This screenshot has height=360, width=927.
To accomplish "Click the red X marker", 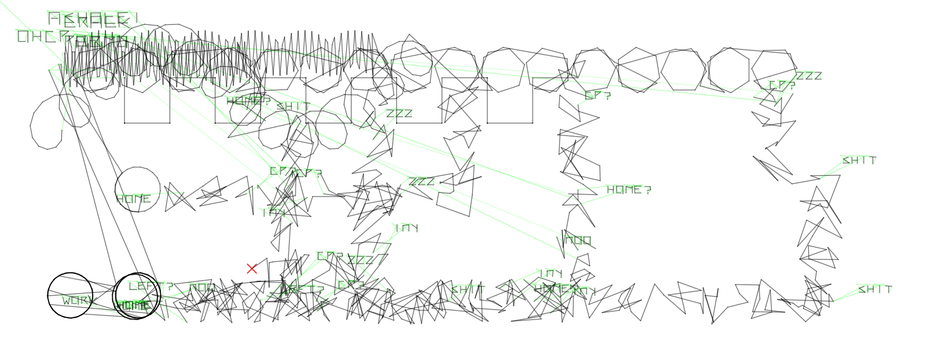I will (252, 269).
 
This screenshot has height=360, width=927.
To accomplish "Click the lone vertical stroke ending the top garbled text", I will (135, 18).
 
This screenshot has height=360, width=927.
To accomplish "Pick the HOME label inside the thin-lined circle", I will (133, 199).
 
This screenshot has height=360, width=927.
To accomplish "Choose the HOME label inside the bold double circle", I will (132, 305).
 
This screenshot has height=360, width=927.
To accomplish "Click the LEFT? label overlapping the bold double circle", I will (150, 286).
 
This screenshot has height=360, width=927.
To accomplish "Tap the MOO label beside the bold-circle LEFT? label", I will (201, 288).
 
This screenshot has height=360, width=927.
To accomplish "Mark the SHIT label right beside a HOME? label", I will (293, 107).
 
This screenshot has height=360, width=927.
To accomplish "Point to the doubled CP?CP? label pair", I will (296, 172).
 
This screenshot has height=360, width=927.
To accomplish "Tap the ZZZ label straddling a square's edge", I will (399, 113).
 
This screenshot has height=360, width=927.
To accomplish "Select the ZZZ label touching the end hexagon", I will (809, 76).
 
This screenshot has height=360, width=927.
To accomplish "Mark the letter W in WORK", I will (66, 300).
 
